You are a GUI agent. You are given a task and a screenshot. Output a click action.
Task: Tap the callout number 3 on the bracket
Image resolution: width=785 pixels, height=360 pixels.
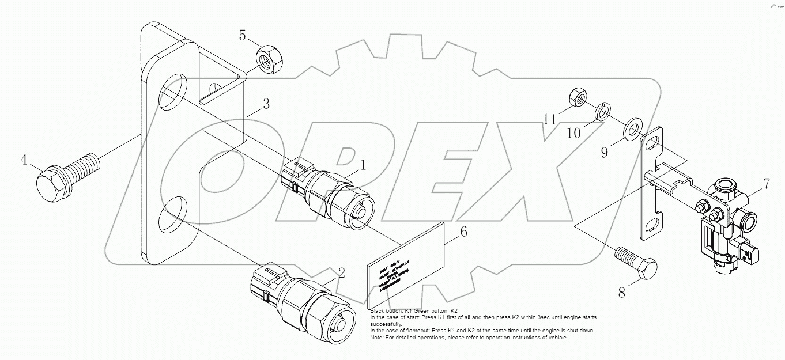[266, 105]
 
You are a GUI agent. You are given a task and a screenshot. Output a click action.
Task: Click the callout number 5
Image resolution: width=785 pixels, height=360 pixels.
[243, 36]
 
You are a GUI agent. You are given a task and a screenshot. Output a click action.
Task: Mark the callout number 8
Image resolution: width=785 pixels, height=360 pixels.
[621, 292]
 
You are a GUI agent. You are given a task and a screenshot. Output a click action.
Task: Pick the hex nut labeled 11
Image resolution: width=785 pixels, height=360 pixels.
[578, 97]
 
